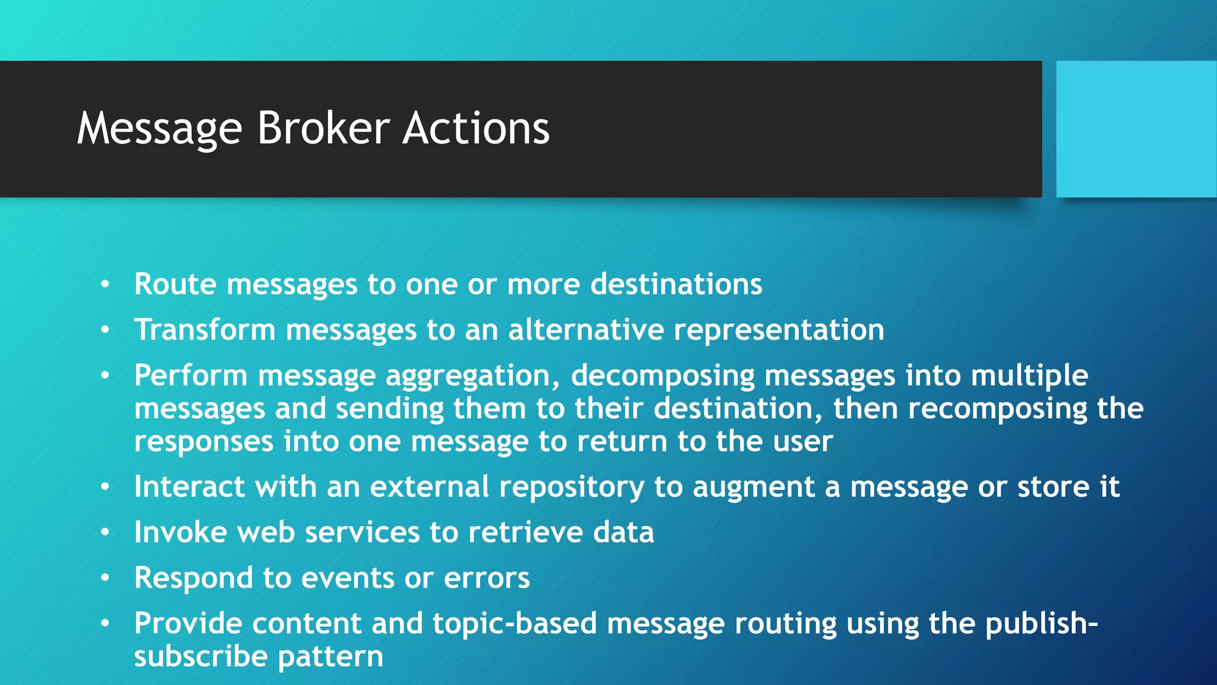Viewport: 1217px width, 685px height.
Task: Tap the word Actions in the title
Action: click(476, 128)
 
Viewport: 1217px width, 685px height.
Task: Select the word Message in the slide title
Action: click(159, 130)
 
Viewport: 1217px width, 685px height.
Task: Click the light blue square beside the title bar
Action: click(1136, 129)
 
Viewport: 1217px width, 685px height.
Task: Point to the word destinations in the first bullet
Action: click(676, 284)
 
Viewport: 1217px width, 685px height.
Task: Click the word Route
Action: click(175, 284)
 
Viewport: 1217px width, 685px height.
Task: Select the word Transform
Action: click(204, 330)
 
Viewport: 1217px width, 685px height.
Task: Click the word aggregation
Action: click(472, 376)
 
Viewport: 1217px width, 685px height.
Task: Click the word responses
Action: click(204, 442)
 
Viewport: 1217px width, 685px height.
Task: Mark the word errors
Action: click(486, 579)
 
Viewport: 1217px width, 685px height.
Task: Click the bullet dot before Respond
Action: click(105, 578)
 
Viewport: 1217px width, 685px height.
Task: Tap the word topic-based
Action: click(514, 624)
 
